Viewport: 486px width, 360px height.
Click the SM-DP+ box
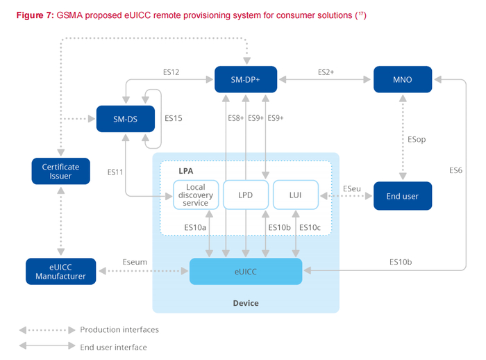[245, 79]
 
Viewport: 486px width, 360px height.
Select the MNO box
[402, 79]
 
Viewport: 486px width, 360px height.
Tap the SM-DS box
[126, 119]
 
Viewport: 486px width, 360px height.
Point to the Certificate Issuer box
[60, 172]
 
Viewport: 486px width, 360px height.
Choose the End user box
[402, 196]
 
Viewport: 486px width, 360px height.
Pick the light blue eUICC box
[246, 271]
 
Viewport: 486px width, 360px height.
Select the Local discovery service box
[196, 195]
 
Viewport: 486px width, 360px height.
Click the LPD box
[245, 195]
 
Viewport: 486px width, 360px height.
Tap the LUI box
[296, 195]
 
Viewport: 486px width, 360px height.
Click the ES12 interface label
[171, 72]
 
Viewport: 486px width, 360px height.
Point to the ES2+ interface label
[326, 72]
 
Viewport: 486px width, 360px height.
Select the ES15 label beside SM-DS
[174, 119]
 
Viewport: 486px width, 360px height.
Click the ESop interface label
[417, 139]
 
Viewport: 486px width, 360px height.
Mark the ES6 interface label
[455, 170]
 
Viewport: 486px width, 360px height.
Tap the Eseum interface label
[134, 263]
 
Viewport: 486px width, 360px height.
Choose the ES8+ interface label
[236, 118]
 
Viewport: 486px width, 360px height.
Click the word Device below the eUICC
[246, 303]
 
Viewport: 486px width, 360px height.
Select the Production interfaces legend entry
[119, 330]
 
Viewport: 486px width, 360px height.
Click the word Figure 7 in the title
[32, 15]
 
